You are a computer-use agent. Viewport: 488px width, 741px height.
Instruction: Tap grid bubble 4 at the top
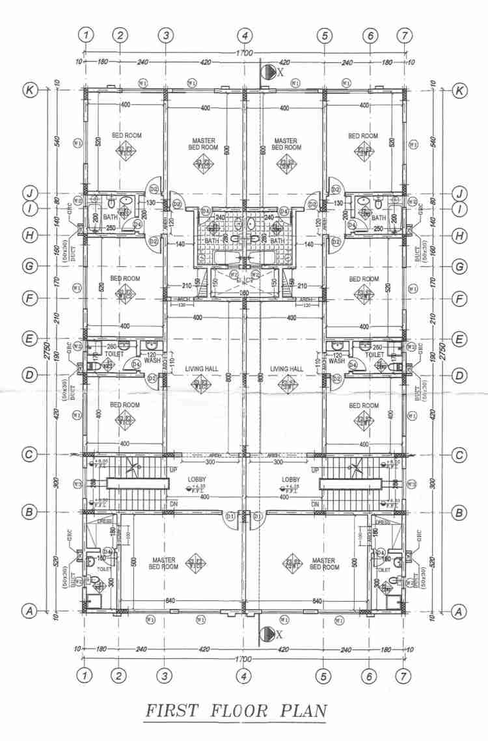point(244,35)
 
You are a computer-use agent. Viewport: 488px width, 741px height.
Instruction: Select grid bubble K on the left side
point(29,90)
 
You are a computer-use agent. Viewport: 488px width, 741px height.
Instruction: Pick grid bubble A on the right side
point(459,611)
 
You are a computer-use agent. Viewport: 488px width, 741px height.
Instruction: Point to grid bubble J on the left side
point(29,193)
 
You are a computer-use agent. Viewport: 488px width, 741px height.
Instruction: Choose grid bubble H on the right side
point(459,235)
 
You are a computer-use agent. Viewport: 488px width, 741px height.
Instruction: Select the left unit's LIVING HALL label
point(200,369)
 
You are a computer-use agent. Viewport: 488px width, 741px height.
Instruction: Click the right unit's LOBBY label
point(291,479)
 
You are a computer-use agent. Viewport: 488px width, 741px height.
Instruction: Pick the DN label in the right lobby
point(316,504)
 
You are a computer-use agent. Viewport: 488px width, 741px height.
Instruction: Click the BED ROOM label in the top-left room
point(126,135)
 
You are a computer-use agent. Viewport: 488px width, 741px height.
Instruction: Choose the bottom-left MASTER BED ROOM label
point(163,563)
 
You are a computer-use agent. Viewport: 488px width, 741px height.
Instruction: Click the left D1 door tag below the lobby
point(230,516)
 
